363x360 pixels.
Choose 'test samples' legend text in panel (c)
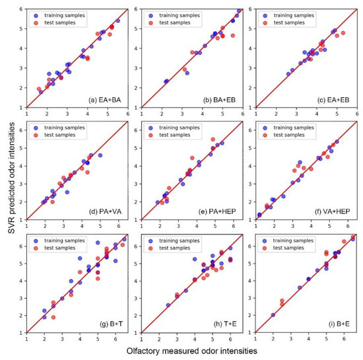point(287,21)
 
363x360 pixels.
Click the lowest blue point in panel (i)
point(273,315)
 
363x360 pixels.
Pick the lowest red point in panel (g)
point(53,317)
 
